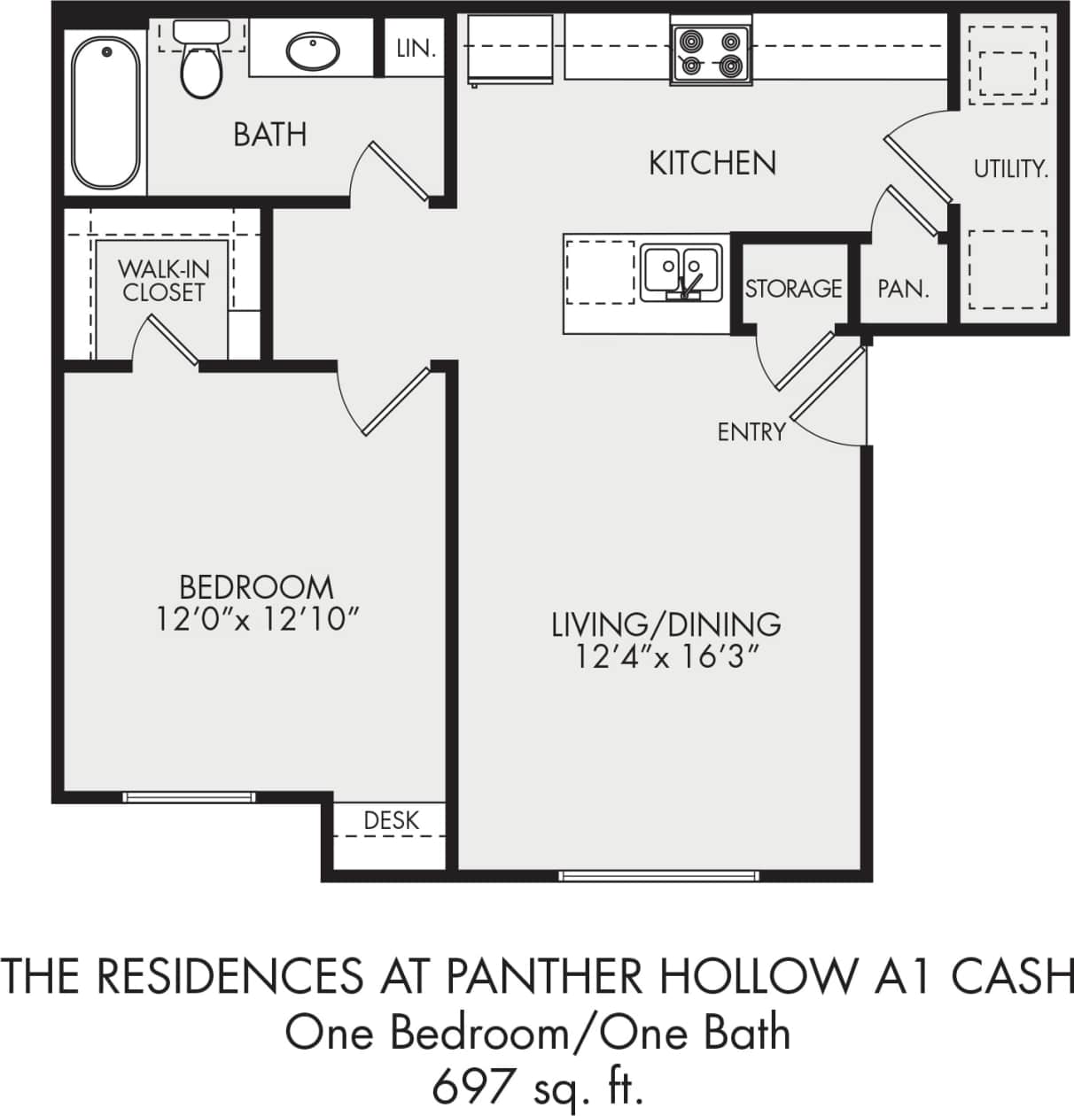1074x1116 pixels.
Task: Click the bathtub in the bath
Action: point(105,110)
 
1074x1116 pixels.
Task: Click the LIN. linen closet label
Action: point(416,49)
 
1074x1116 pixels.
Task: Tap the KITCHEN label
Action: point(712,163)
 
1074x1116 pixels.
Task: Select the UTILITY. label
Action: point(1010,168)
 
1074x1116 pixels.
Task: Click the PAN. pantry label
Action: point(903,289)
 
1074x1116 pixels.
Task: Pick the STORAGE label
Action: point(793,289)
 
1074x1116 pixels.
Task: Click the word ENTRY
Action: point(751,432)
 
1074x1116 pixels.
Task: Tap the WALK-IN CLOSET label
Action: point(164,280)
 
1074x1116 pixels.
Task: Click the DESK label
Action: point(392,821)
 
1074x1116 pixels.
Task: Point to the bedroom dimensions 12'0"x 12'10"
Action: point(257,619)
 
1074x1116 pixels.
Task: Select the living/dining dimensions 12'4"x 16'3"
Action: point(666,657)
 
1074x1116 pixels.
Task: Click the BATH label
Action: point(270,135)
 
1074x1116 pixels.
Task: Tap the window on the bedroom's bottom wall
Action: point(189,797)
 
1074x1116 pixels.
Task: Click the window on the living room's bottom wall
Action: point(658,876)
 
